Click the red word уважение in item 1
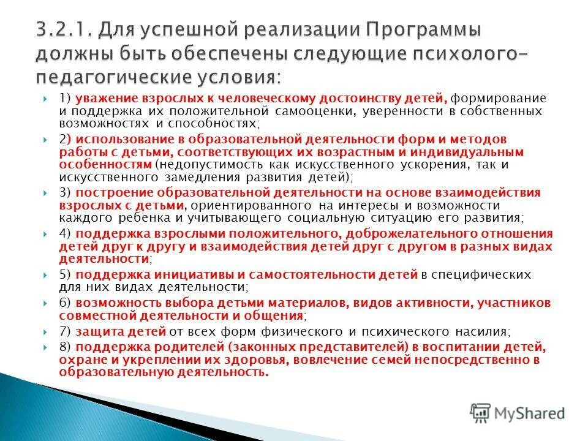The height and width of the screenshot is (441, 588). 105,99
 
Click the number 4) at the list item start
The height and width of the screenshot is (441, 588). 65,233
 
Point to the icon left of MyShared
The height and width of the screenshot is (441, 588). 481,413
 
